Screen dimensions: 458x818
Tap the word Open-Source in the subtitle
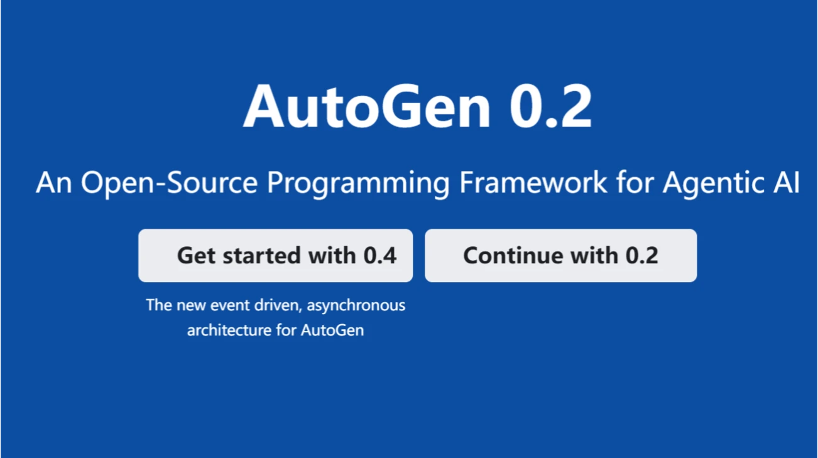(169, 183)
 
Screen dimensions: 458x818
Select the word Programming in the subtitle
(358, 183)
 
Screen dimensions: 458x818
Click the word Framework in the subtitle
(533, 183)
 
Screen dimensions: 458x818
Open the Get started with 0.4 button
(275, 256)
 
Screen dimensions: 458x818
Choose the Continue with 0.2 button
(560, 256)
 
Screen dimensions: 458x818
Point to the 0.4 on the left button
(379, 256)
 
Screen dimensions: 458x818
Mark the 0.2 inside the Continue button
(641, 256)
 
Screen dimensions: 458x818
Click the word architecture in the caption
(229, 330)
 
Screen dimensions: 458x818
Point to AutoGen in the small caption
(332, 330)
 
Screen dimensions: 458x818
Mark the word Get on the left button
(196, 256)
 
